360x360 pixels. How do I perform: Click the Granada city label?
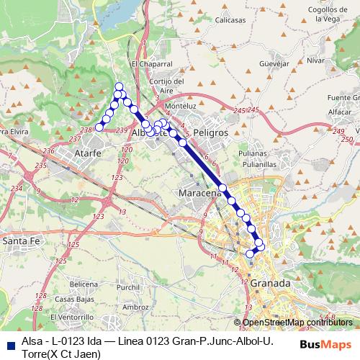[270, 284]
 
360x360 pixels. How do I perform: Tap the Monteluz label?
[180, 106]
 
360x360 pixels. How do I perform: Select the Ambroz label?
[136, 307]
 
